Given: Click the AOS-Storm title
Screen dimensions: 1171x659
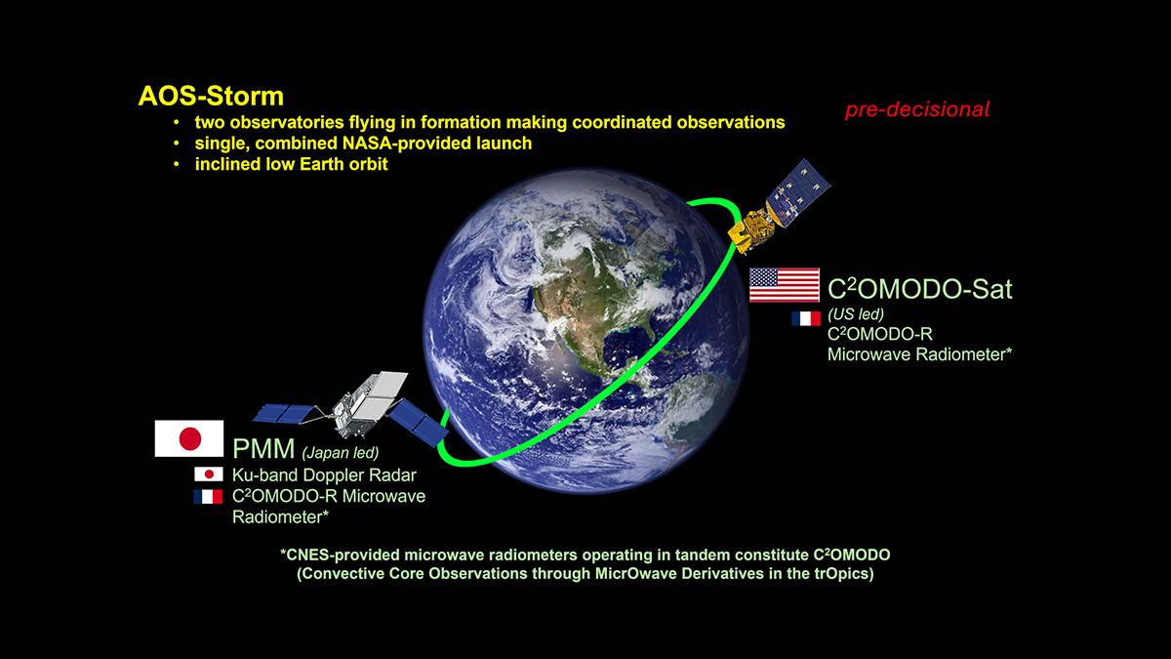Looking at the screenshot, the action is (211, 97).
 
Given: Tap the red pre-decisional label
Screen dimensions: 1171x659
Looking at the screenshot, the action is (917, 109).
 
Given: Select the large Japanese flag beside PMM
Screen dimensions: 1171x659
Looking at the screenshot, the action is (189, 438).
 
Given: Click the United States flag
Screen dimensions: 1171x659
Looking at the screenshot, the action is (785, 285).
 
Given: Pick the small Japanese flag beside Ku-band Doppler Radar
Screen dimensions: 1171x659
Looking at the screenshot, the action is (209, 474).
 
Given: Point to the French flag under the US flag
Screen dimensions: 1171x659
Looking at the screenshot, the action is (806, 318).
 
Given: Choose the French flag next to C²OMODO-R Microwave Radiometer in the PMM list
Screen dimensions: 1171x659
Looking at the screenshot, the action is (208, 496).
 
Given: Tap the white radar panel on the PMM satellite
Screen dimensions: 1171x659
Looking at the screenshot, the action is (380, 394).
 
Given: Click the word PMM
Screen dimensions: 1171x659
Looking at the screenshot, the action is (263, 449).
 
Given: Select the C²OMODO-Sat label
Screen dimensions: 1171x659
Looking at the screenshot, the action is (919, 289).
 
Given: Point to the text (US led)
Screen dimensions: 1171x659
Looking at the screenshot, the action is (856, 313).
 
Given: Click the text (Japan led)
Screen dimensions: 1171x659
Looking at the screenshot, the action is (341, 452).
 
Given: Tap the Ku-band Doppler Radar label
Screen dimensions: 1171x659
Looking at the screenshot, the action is (324, 474).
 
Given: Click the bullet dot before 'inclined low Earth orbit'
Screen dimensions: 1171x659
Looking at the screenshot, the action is (177, 164).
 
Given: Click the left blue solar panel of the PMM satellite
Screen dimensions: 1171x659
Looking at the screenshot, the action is (285, 413).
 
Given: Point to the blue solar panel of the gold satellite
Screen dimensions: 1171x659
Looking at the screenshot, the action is (798, 192).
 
